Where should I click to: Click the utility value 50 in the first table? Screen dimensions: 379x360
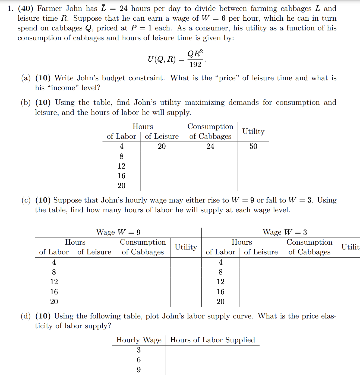click(x=253, y=146)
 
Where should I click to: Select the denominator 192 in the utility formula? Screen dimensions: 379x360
click(x=195, y=65)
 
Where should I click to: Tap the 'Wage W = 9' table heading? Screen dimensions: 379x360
click(x=118, y=232)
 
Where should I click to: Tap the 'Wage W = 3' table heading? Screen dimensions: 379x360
click(x=285, y=232)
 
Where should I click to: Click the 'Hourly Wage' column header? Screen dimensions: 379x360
click(x=139, y=340)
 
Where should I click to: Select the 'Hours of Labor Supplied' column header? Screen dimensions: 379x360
click(x=213, y=340)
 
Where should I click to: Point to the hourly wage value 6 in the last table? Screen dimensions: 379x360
click(x=139, y=360)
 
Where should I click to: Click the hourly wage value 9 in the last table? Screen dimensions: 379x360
click(x=139, y=370)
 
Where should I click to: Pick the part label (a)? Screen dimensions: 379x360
click(x=26, y=78)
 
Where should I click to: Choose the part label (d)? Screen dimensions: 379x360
click(x=26, y=316)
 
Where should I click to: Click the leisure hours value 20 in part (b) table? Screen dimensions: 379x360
click(x=162, y=146)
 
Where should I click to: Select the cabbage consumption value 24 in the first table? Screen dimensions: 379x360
click(x=210, y=146)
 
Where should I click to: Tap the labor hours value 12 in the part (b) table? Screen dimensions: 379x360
click(x=121, y=166)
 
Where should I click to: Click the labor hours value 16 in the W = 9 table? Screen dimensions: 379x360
click(x=54, y=292)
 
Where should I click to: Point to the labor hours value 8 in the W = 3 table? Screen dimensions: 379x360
click(x=220, y=272)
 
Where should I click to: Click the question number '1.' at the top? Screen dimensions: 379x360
click(x=10, y=9)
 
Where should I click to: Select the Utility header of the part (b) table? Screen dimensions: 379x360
click(x=253, y=131)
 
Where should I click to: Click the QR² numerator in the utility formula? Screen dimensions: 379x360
click(x=195, y=53)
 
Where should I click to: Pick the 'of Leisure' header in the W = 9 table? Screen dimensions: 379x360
click(x=94, y=252)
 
